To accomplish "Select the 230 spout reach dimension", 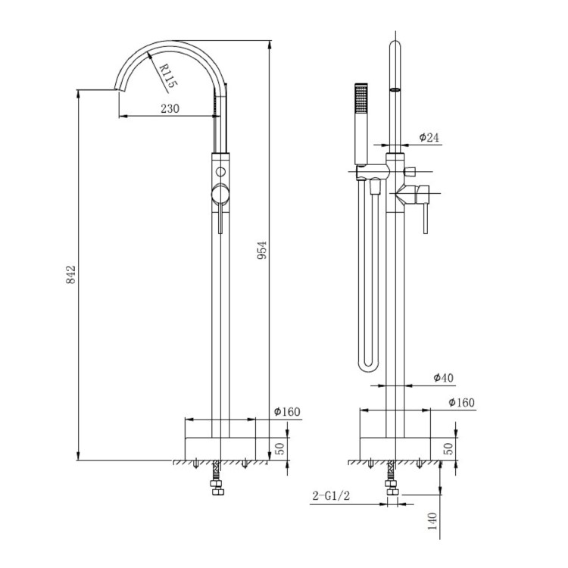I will pyautogui.click(x=170, y=108).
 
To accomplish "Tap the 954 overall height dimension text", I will pyautogui.click(x=262, y=251).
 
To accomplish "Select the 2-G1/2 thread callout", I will pyautogui.click(x=330, y=497).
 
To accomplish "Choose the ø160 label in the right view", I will pyautogui.click(x=462, y=402).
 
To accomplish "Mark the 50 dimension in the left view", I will pyautogui.click(x=279, y=448).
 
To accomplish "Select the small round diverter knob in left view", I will pyautogui.click(x=220, y=170).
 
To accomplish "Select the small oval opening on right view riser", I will pyautogui.click(x=394, y=91).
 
